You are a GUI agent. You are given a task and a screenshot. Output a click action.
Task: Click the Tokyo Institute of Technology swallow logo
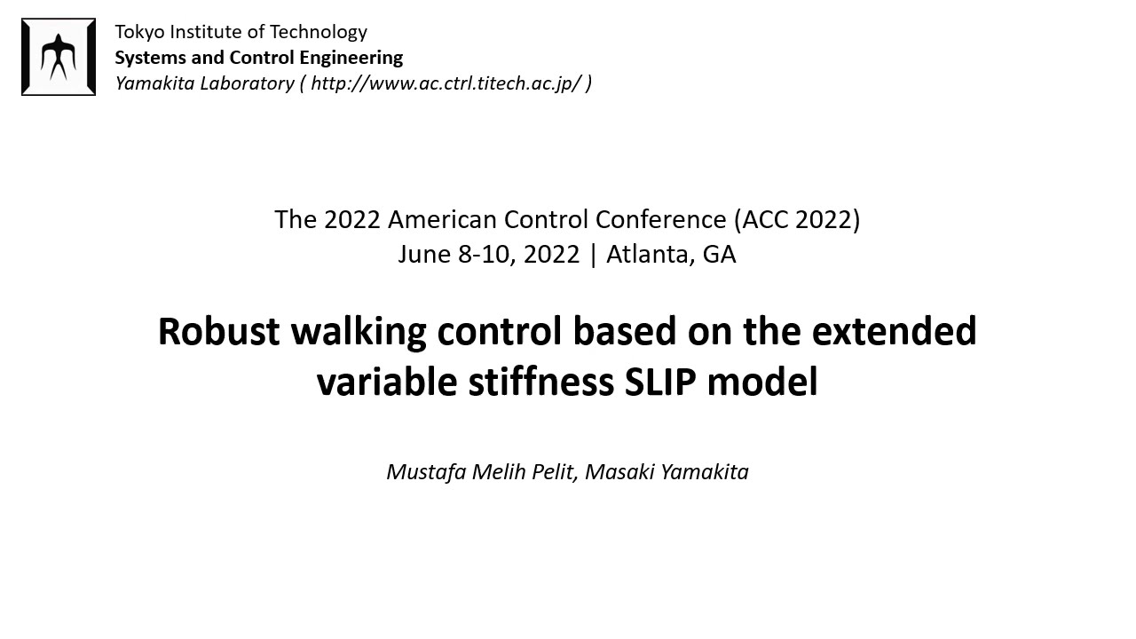(59, 57)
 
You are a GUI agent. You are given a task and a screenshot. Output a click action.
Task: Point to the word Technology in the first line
(318, 32)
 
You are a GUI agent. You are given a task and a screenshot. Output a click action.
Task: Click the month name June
(424, 255)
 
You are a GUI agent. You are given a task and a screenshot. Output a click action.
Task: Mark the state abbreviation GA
(719, 255)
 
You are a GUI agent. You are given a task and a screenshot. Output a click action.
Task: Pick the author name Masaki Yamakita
(667, 472)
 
